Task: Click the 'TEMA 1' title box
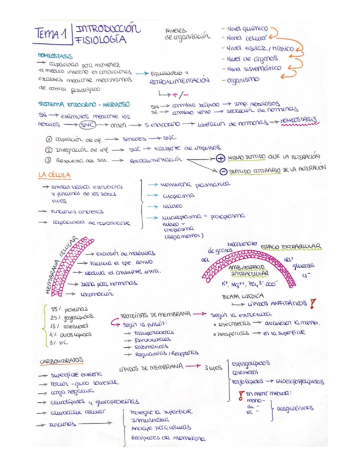click(52, 35)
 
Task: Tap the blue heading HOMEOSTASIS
click(54, 56)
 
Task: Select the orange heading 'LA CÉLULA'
click(54, 175)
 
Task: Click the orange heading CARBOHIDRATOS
click(62, 361)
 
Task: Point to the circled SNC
click(88, 124)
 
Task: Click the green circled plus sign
click(221, 158)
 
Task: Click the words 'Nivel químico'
click(244, 27)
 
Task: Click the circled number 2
click(48, 149)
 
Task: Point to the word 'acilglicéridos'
click(296, 408)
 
